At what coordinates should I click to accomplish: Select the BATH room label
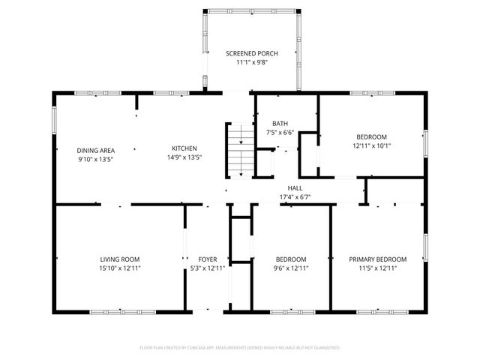coord(280,124)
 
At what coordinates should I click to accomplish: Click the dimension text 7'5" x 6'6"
coord(280,133)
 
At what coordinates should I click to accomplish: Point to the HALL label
coord(295,188)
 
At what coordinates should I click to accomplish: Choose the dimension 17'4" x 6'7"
coord(295,197)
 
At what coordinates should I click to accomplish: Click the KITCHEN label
coord(184,148)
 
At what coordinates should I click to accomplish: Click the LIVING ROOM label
coord(120,259)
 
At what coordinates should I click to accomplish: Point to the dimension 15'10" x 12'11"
coord(120,268)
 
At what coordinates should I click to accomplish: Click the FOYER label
coord(208,259)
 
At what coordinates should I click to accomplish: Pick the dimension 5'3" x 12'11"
coord(208,268)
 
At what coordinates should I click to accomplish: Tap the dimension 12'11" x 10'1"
coord(371,145)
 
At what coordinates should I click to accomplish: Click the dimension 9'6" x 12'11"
coord(290,268)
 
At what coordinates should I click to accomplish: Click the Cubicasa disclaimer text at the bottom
coord(240,348)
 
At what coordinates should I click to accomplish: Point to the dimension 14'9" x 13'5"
coord(184,158)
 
